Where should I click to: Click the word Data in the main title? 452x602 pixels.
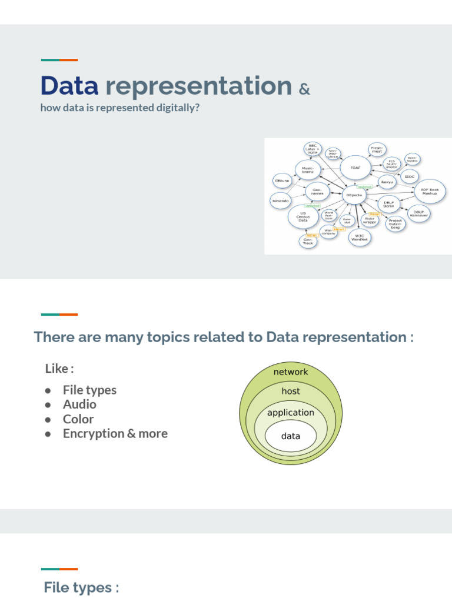click(x=69, y=86)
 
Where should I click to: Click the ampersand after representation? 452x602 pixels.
click(x=304, y=89)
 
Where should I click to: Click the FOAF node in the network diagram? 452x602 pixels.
click(x=355, y=167)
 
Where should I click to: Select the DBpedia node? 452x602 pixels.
click(x=354, y=195)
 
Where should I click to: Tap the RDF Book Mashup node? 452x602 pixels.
click(x=430, y=191)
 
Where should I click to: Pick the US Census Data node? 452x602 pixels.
click(x=303, y=217)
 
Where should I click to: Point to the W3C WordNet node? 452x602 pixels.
click(x=360, y=237)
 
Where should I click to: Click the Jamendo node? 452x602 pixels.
click(x=280, y=200)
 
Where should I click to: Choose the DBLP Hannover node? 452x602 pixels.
click(x=418, y=213)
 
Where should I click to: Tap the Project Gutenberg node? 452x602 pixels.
click(x=395, y=223)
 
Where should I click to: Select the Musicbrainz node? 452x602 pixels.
click(x=308, y=169)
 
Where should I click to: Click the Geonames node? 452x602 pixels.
click(x=317, y=191)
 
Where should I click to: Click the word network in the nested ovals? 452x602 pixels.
click(x=291, y=372)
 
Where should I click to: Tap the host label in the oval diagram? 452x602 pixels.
click(x=291, y=391)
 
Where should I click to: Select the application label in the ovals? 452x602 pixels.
click(x=291, y=413)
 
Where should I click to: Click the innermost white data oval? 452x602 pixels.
click(x=291, y=436)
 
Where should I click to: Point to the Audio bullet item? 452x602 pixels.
click(x=79, y=404)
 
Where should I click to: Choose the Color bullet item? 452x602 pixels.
click(x=78, y=419)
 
